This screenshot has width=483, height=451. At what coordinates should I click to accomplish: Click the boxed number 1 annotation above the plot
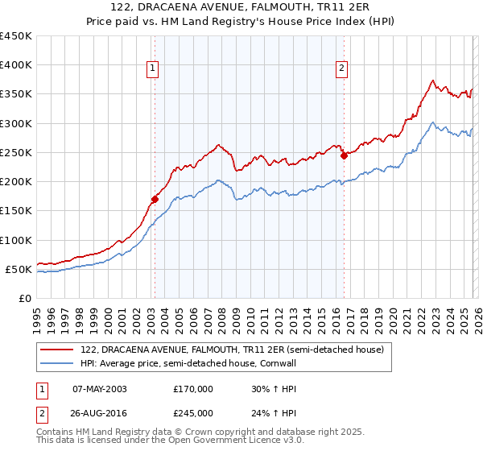pos(153,69)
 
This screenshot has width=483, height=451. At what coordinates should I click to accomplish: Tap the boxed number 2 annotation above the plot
pos(342,69)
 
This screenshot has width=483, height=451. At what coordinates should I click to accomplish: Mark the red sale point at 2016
pos(344,155)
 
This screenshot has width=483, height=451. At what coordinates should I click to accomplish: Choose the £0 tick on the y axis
pos(24,298)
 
